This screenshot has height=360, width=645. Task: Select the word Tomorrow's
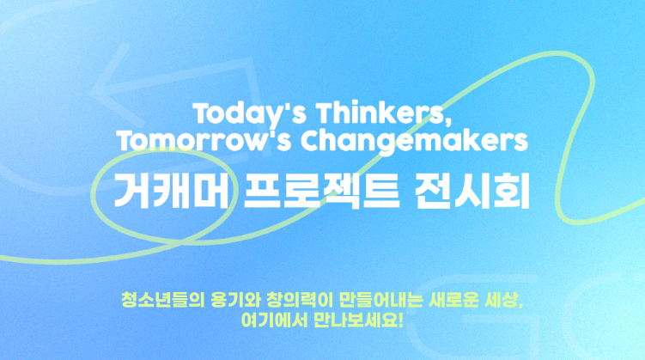pos(204,141)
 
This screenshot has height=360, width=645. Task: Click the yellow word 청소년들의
pos(163,300)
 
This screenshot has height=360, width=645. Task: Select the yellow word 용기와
pos(235,300)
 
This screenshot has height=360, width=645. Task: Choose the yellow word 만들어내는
pos(381,300)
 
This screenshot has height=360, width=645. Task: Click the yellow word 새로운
pos(453,300)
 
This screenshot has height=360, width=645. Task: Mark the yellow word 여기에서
pos(274,320)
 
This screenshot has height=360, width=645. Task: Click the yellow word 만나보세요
pos(356,320)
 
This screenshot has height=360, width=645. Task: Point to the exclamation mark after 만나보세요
pos(401,320)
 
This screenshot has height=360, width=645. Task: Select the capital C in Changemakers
pos(310,141)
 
